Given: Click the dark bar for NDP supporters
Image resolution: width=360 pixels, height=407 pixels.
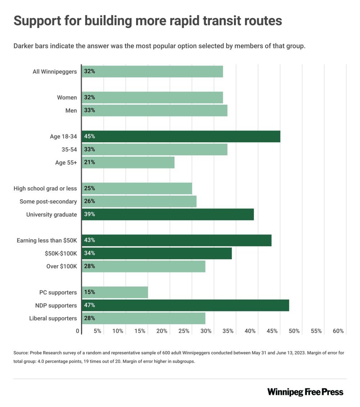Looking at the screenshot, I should (x=185, y=305).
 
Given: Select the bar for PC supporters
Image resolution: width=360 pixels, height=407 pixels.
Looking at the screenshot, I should (x=115, y=292).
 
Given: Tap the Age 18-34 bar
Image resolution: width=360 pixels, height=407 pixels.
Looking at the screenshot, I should (x=181, y=137).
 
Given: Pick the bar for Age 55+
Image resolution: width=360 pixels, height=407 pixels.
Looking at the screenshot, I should (x=128, y=162).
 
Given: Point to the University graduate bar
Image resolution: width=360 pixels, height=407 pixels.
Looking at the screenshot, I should (x=168, y=215).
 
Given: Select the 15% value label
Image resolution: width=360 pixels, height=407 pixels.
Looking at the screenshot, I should (x=89, y=292).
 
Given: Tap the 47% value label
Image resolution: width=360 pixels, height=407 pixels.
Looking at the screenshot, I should (x=89, y=305).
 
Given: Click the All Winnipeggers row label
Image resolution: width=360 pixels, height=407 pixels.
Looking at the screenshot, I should (x=55, y=72).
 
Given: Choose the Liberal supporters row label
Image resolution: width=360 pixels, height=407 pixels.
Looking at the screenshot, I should (x=53, y=318).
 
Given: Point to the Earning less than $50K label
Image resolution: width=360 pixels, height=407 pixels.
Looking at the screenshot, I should (x=47, y=240).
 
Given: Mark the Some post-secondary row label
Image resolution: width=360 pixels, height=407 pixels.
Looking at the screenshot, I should (x=48, y=202).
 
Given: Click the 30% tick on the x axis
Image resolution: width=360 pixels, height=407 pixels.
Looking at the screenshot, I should (x=206, y=331).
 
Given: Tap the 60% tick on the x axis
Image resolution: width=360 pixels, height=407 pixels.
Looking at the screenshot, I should (x=338, y=331).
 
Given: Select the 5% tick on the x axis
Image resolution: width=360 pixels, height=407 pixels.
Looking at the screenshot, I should (x=97, y=331).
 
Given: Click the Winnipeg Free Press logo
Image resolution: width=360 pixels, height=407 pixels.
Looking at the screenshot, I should (x=305, y=392).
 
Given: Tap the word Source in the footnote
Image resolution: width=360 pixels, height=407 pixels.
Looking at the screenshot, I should (x=21, y=353).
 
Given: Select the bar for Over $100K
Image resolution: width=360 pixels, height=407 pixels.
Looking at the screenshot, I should (x=143, y=267).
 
